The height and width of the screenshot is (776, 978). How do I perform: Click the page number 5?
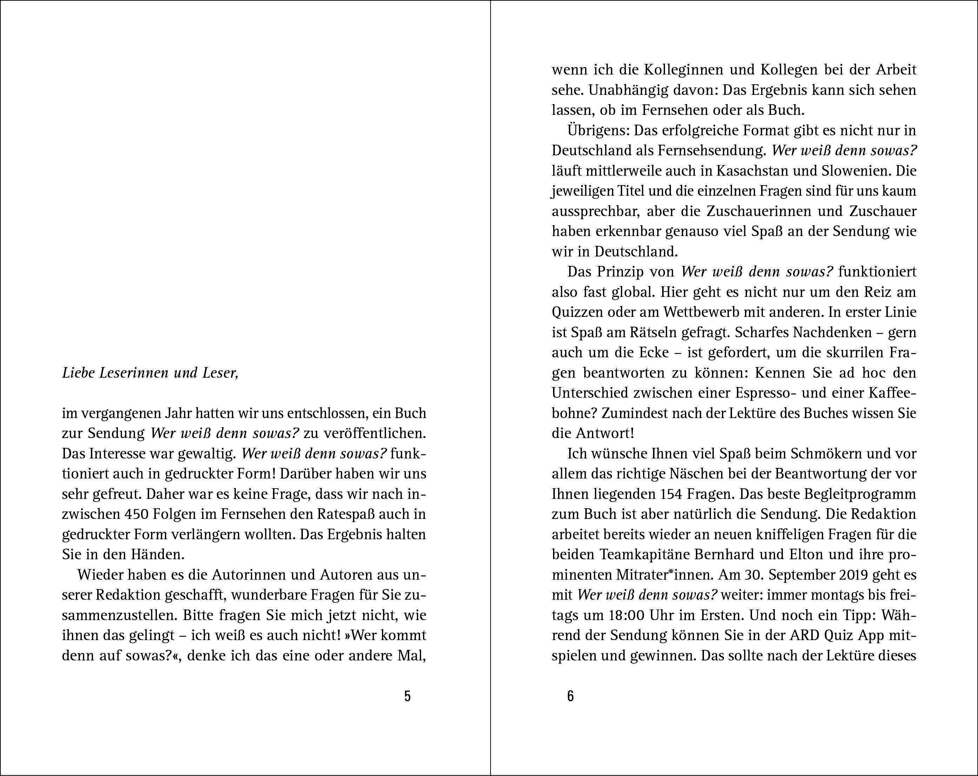[x=407, y=696]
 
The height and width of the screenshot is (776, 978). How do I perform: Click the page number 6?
[x=570, y=696]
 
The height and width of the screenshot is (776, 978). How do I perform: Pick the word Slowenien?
[x=848, y=171]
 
